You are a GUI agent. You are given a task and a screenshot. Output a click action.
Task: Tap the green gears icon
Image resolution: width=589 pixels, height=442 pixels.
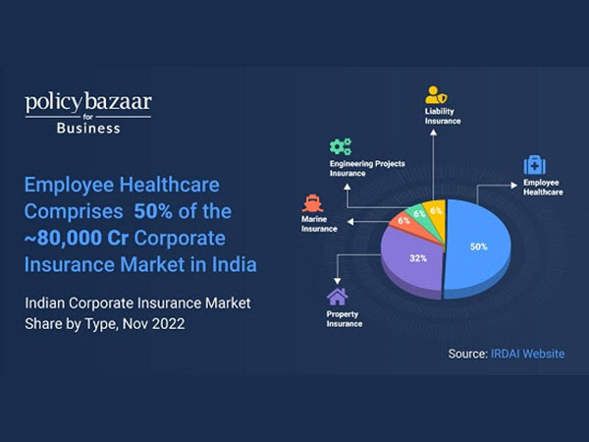click(x=341, y=147)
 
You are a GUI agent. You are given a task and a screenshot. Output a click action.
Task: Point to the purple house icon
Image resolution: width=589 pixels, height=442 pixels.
click(x=338, y=295)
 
